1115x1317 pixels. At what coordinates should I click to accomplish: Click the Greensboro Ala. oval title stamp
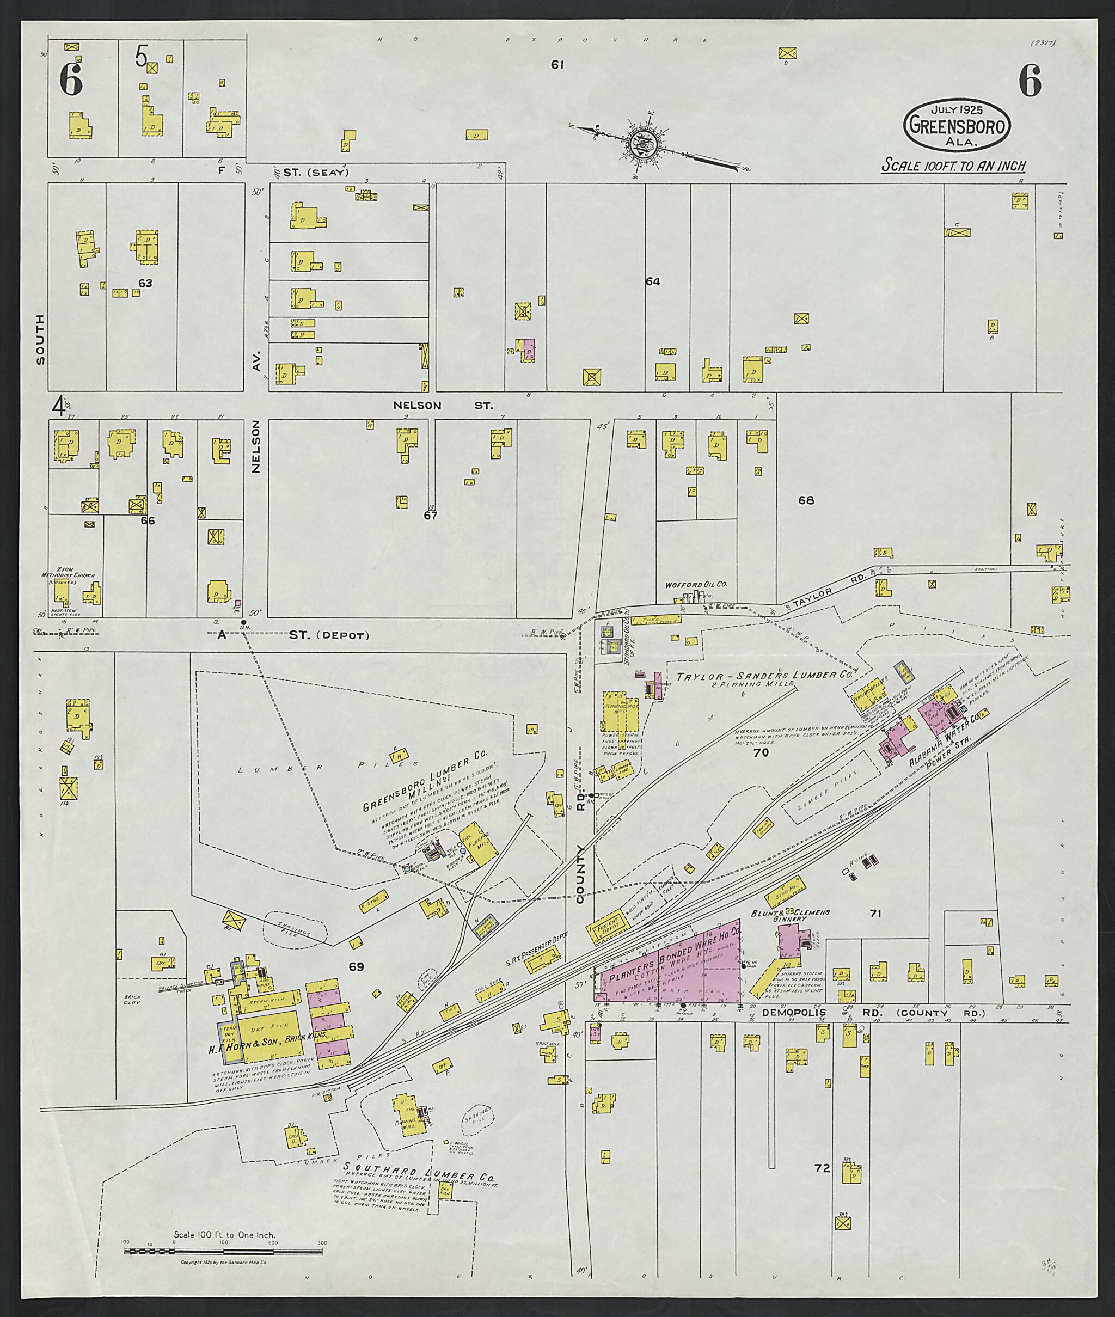point(957,127)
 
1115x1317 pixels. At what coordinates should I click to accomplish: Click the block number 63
point(145,283)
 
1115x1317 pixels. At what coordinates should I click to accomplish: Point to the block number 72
point(821,1168)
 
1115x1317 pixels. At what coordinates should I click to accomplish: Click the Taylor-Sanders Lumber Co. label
point(764,676)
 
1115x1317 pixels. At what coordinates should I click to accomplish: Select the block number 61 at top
point(557,64)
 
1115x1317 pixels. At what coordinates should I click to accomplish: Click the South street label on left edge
point(40,339)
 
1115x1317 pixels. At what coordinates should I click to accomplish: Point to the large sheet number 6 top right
point(1030,82)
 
